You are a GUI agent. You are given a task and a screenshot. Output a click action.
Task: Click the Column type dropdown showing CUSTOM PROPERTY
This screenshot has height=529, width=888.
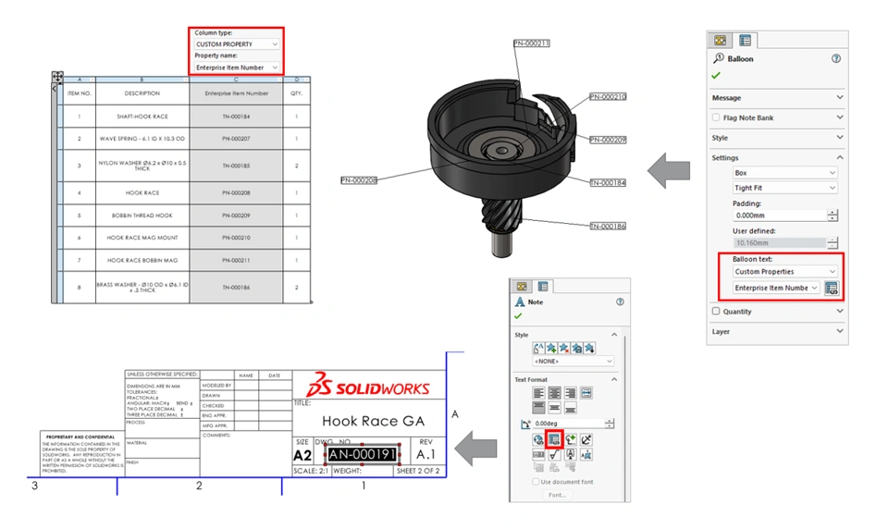236,44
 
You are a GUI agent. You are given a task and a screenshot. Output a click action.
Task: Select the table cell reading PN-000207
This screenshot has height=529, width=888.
236,139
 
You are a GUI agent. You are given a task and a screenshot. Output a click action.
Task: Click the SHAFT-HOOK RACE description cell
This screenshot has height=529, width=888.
142,117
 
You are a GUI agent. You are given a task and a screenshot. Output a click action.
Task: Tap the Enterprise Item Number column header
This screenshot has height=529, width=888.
236,93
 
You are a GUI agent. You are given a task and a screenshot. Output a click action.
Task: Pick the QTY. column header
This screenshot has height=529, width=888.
297,93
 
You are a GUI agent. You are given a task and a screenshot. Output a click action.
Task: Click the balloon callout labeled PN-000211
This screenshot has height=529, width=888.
531,43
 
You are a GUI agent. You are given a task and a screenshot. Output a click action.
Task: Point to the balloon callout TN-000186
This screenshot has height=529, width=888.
608,226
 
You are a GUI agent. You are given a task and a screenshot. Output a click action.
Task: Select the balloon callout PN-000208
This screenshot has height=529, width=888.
358,180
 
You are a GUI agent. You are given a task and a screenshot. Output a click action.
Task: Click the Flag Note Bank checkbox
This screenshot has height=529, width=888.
716,117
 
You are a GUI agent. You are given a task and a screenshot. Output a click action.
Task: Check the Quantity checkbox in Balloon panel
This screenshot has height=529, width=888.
716,312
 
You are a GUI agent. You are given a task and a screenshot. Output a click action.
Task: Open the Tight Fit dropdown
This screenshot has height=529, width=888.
784,188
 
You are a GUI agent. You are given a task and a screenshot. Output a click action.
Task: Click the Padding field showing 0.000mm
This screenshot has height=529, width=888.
779,215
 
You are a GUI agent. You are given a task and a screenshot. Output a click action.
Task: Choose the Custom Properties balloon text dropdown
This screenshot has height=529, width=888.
784,272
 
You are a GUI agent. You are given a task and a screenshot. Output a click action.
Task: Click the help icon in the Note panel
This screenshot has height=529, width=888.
620,301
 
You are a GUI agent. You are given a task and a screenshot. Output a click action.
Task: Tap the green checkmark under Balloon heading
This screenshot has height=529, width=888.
716,75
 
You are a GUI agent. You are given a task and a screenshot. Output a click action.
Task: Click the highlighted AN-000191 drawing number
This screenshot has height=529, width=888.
362,455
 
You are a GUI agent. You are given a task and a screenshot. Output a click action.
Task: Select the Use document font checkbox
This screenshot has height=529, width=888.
536,482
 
